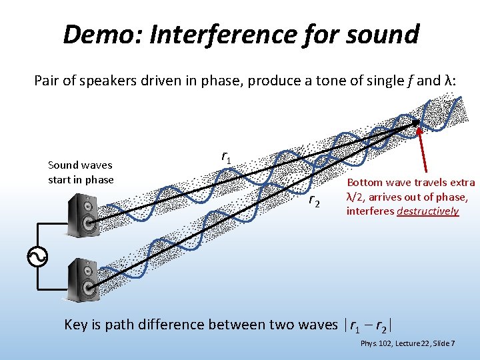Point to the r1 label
(x=227, y=157)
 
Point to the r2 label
(x=314, y=201)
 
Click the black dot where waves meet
(x=415, y=123)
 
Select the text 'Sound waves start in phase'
(x=81, y=172)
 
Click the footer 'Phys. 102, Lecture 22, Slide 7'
(x=407, y=343)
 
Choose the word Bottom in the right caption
(x=365, y=182)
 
